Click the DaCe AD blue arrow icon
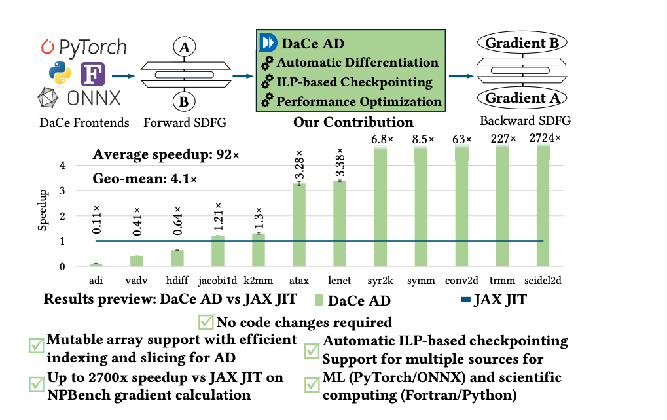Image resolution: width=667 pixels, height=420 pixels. tap(268, 43)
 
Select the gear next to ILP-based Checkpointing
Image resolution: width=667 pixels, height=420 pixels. tap(267, 82)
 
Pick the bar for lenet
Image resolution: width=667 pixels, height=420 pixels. tap(339, 223)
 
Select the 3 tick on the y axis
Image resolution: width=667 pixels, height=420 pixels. tap(63, 190)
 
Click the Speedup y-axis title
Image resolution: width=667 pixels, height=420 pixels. tap(43, 209)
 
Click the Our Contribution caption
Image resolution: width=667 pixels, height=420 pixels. tap(353, 122)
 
